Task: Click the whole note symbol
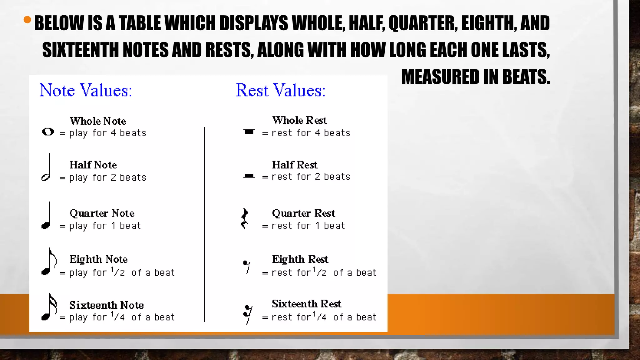pos(48,132)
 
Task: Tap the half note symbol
pos(47,169)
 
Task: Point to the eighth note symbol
pos(48,262)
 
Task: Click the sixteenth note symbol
pos(49,308)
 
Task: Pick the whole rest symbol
pos(249,132)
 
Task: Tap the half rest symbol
pos(249,176)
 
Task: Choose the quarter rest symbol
pos(245,219)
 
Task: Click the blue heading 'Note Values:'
pos(86,91)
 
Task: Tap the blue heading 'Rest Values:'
pos(280,91)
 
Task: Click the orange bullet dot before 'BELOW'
pos(27,20)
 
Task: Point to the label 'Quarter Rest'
pos(303,213)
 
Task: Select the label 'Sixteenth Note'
pos(106,305)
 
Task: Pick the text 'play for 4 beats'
pos(107,133)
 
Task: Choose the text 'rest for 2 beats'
pos(311,177)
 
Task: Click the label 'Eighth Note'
pos(98,259)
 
